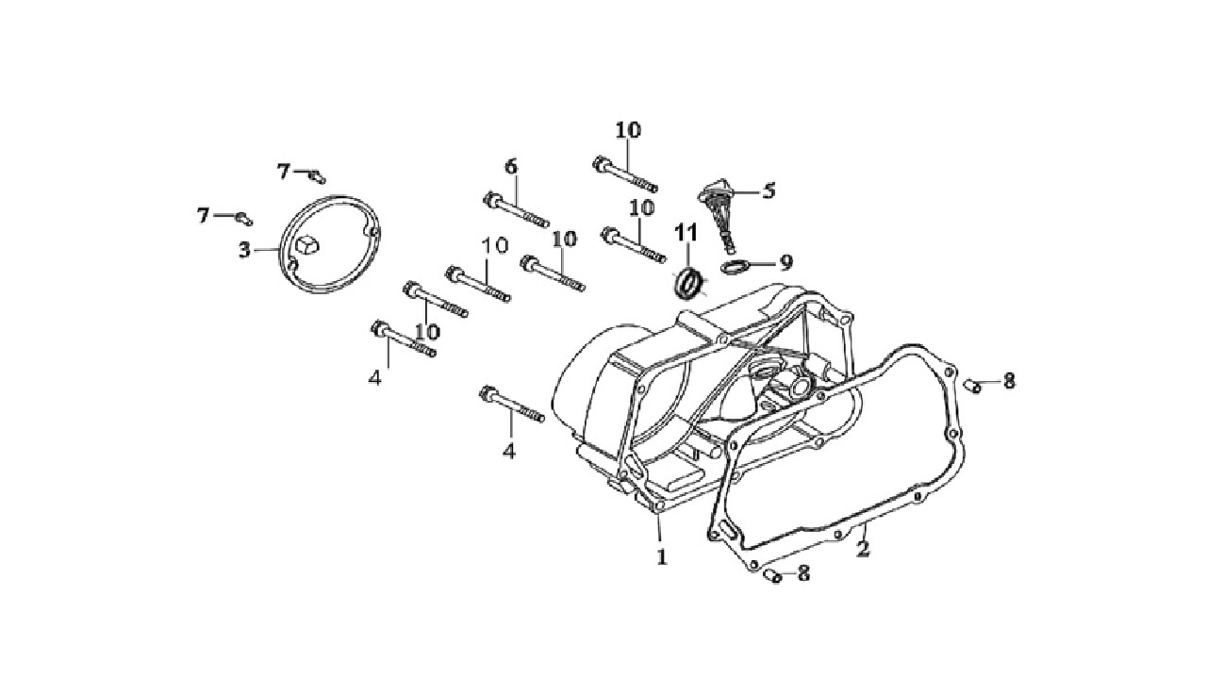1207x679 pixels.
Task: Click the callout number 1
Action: click(662, 556)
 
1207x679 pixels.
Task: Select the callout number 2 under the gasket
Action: click(863, 549)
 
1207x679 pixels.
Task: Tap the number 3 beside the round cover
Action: click(245, 250)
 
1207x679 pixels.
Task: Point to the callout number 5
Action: click(769, 190)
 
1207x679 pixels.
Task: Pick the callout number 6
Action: click(511, 167)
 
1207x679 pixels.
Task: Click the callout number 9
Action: click(786, 263)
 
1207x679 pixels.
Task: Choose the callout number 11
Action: click(686, 233)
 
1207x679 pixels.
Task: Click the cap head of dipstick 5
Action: click(714, 193)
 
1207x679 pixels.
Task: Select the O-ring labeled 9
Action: click(734, 266)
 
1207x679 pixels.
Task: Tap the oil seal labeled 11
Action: click(689, 284)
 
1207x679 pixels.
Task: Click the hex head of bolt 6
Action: click(491, 200)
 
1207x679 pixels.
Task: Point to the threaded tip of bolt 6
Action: click(541, 222)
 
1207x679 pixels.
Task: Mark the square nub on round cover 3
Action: click(307, 244)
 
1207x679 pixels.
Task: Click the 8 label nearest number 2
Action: click(803, 572)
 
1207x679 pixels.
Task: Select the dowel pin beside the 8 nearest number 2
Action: click(773, 575)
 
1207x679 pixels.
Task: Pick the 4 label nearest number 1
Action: click(509, 450)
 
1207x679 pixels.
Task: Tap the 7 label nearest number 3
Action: click(203, 216)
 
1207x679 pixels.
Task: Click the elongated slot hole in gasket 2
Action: click(727, 529)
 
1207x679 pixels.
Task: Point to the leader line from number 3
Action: click(266, 250)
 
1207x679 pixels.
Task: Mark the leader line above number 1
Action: click(659, 530)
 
